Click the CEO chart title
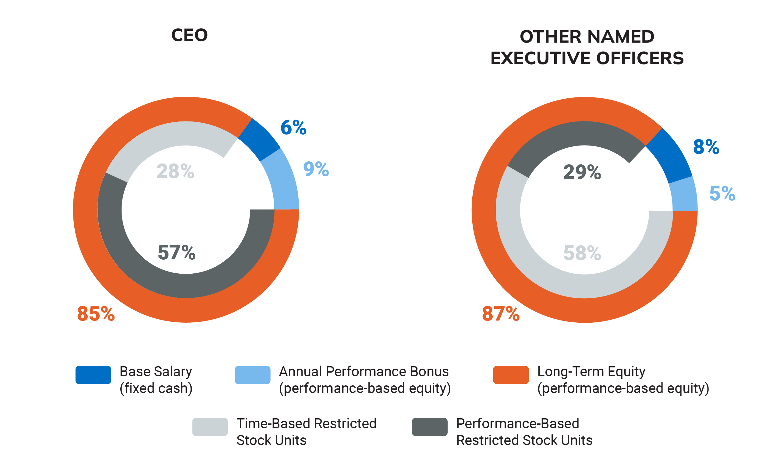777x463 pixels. (189, 35)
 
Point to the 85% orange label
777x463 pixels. (96, 314)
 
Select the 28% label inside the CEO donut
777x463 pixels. (175, 171)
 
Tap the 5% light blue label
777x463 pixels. (722, 193)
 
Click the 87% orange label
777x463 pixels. (501, 314)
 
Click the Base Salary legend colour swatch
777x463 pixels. (93, 375)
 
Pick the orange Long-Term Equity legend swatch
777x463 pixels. (511, 375)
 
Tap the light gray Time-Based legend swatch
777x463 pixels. (210, 427)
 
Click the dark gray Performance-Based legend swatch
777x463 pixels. (429, 427)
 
